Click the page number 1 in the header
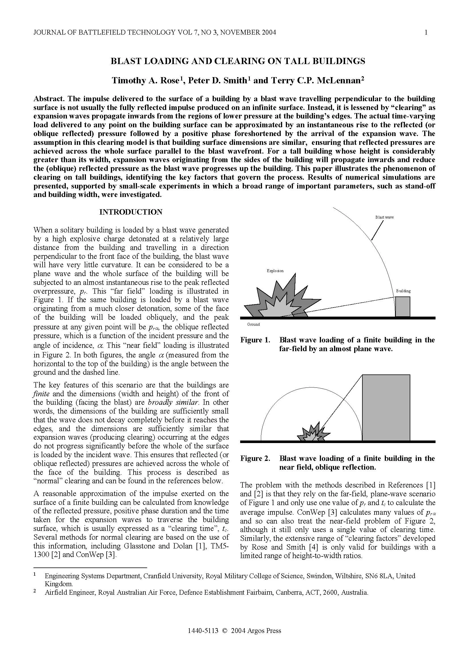click(x=426, y=32)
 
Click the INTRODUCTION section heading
click(x=131, y=212)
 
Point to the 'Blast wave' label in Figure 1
click(x=385, y=217)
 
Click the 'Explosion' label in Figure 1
click(x=275, y=271)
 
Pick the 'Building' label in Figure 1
click(x=403, y=291)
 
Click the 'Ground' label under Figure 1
click(x=253, y=324)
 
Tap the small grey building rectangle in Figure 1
click(x=403, y=307)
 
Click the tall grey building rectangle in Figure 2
click(x=386, y=407)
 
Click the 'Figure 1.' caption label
click(x=255, y=340)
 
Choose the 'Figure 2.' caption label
click(x=255, y=459)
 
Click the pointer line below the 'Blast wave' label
click(x=377, y=230)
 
